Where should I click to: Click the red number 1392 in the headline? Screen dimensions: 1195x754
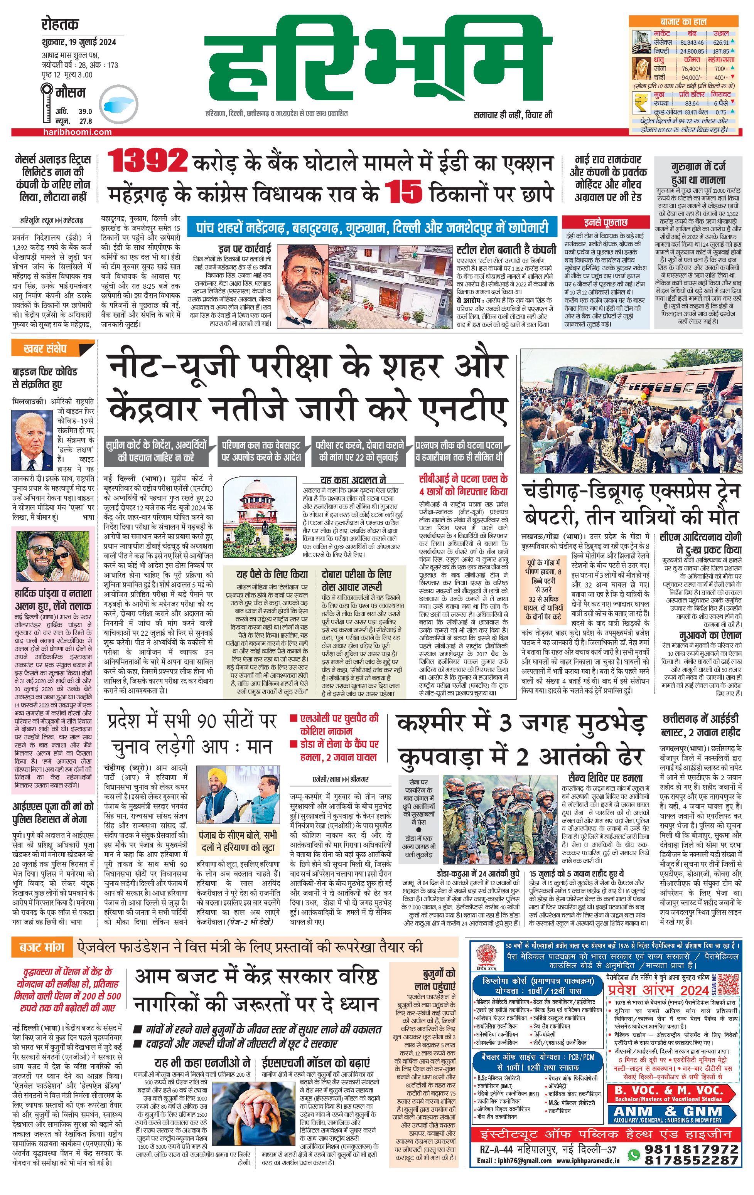pos(147,161)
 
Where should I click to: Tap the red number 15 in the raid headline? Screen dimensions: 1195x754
pos(403,192)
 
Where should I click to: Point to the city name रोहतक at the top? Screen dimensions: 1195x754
pos(60,24)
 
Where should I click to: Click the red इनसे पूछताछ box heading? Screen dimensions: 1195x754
pos(606,222)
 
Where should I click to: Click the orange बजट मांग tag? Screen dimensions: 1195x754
pos(42,947)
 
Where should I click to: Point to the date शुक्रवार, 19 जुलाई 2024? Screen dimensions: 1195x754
pos(79,42)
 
